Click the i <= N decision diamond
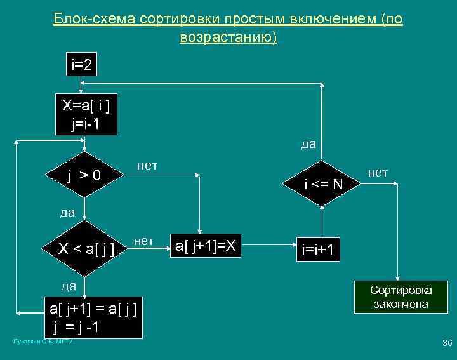[323, 184]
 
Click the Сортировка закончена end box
[401, 297]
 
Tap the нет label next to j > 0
[147, 166]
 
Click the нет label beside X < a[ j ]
[144, 241]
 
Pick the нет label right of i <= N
[378, 172]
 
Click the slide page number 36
[446, 343]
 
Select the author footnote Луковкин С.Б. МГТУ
[44, 342]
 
